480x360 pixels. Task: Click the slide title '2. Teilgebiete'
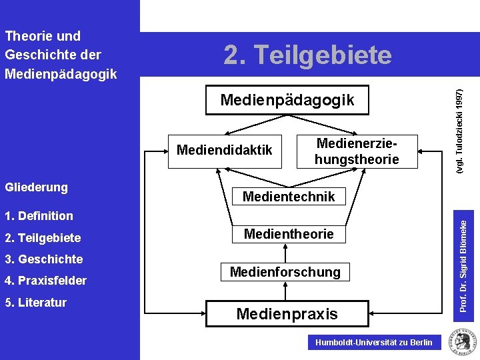(307, 55)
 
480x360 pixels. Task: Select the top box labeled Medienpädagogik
(287, 101)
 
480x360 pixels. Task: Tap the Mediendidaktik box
(225, 150)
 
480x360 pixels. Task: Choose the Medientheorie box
(289, 234)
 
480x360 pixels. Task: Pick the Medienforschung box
(285, 272)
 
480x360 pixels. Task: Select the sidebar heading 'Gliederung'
(36, 187)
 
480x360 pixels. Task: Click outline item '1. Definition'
(39, 216)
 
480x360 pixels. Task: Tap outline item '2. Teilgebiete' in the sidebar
(43, 238)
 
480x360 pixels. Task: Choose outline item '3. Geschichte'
(43, 259)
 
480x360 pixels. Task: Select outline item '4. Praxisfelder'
(45, 281)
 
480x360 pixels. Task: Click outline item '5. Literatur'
(35, 303)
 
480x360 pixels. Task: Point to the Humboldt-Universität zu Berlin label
(373, 343)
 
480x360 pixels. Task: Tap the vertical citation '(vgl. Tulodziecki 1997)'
(459, 133)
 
